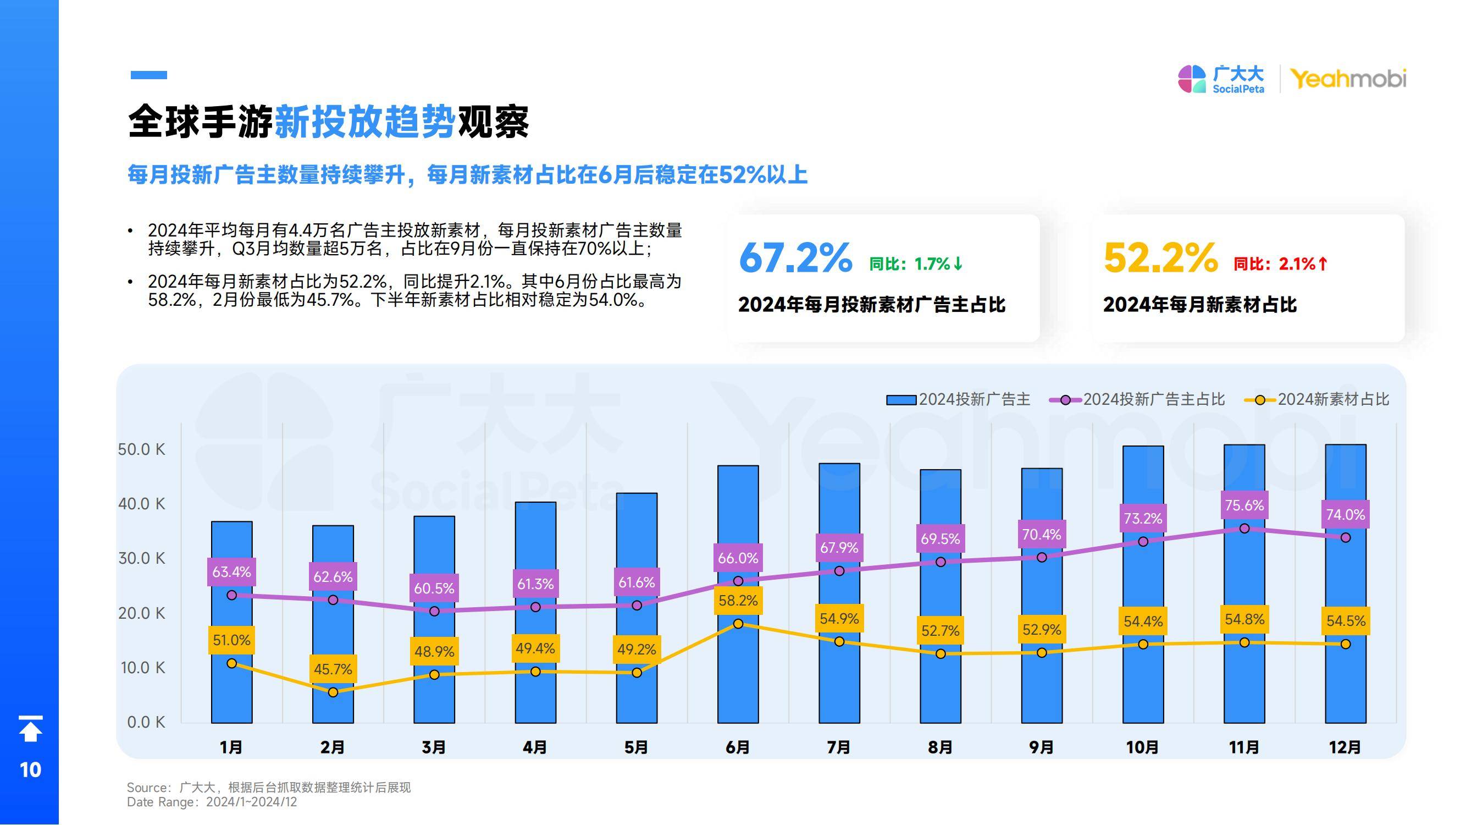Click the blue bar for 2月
pyautogui.click(x=333, y=637)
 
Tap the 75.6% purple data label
pyautogui.click(x=1244, y=505)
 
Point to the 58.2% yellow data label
pyautogui.click(x=738, y=600)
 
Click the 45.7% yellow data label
pyautogui.click(x=333, y=668)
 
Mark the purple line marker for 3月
pyautogui.click(x=434, y=611)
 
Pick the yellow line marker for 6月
pyautogui.click(x=738, y=624)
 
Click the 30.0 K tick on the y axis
pyautogui.click(x=142, y=558)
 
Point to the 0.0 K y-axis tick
pyautogui.click(x=146, y=722)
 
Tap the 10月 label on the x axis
pyautogui.click(x=1143, y=747)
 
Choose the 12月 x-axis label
pyautogui.click(x=1346, y=747)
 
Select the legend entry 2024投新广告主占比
pyautogui.click(x=1138, y=400)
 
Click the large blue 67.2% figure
pyautogui.click(x=795, y=258)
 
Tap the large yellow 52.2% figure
pyautogui.click(x=1160, y=258)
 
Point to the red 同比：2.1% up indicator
pyautogui.click(x=1280, y=263)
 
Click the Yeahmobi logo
pyautogui.click(x=1348, y=79)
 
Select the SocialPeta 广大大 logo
pyautogui.click(x=1221, y=79)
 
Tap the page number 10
pyautogui.click(x=30, y=770)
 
